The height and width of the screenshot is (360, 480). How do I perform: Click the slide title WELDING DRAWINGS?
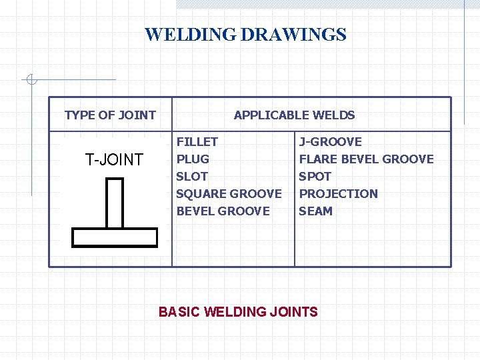point(245,35)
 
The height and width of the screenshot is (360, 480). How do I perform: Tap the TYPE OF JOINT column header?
point(110,115)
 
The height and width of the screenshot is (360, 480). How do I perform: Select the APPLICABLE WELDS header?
point(294,115)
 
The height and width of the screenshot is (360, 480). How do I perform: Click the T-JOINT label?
point(114,159)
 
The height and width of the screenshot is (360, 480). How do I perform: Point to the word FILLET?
point(197,141)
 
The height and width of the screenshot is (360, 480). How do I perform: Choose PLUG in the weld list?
point(193,159)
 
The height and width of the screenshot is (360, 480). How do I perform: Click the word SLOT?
point(191,176)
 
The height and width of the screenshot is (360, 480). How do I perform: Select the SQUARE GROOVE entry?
point(229,193)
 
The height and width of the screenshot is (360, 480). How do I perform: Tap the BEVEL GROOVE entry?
point(223,211)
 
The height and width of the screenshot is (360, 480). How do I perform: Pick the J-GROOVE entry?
point(330,141)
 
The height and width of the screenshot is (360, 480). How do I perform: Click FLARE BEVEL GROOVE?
point(366,159)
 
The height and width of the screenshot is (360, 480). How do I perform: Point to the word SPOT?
point(315,176)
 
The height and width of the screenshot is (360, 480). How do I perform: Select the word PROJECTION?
point(338,193)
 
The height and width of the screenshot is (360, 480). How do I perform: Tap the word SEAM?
point(315,211)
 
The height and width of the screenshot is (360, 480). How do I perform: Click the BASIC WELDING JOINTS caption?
point(238,311)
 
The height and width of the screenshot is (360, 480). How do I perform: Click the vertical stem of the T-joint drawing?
point(115,203)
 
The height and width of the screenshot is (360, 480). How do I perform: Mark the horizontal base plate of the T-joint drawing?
point(115,238)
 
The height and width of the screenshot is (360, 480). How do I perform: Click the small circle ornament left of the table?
point(30,81)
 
